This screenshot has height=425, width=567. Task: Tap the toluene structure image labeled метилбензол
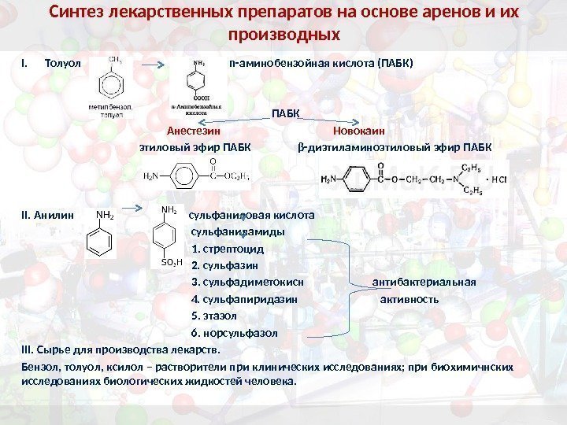click(115, 83)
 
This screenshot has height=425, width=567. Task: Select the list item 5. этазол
click(214, 316)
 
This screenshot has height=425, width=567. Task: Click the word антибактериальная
click(424, 282)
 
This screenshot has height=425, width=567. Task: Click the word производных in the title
click(283, 36)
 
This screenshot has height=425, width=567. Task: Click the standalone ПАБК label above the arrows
click(286, 115)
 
